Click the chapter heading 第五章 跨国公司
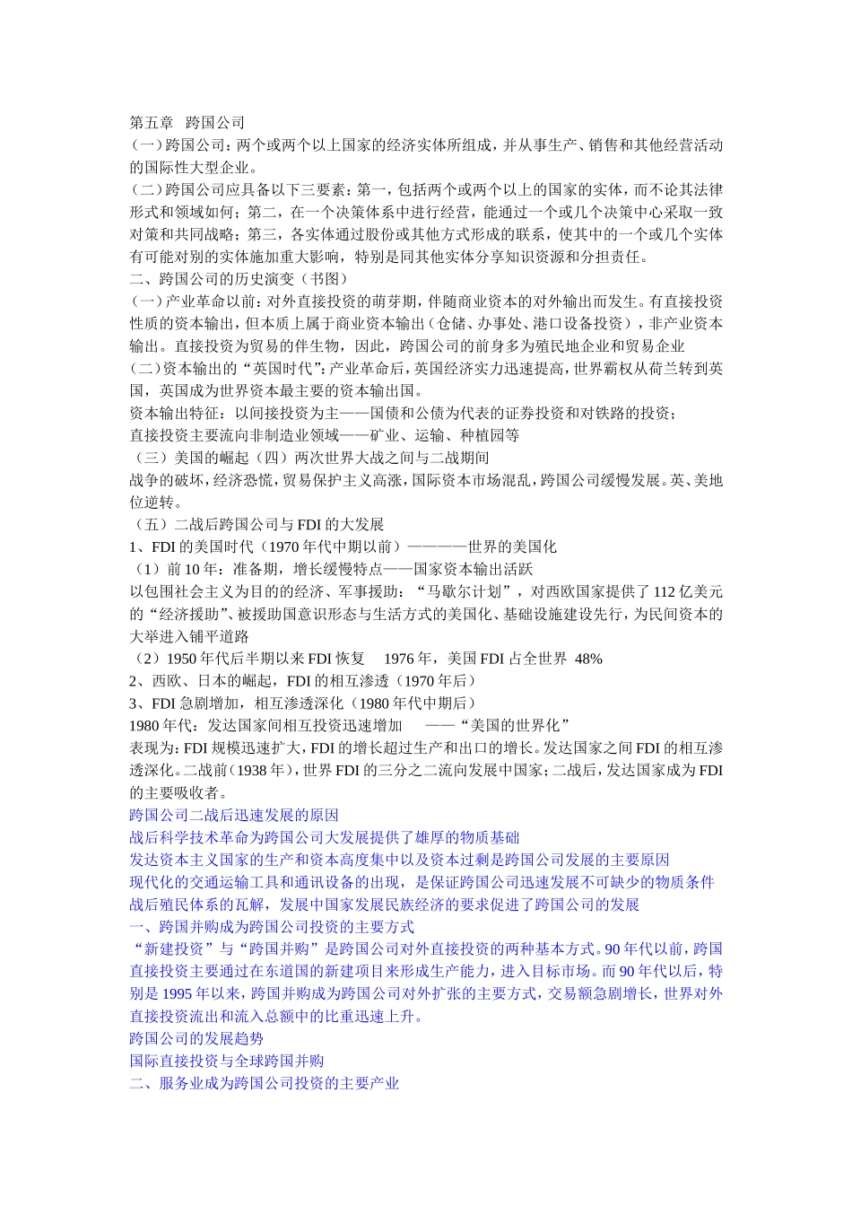187,123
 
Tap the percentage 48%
588,659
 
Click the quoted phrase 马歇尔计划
468,592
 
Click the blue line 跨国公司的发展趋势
196,1039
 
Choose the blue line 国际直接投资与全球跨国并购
227,1062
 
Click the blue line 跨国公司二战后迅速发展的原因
234,816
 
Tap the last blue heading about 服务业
265,1084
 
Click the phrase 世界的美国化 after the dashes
512,547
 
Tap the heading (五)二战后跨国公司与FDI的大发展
257,525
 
